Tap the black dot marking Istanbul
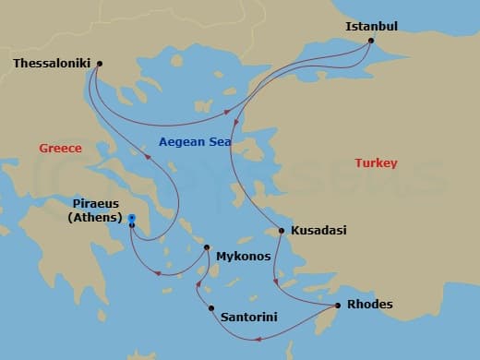pyautogui.click(x=371, y=41)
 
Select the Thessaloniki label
pyautogui.click(x=52, y=64)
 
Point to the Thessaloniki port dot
pyautogui.click(x=100, y=64)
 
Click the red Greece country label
pyautogui.click(x=60, y=148)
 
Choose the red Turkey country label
pyautogui.click(x=376, y=163)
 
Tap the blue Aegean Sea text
pyautogui.click(x=195, y=141)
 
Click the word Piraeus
pyautogui.click(x=96, y=204)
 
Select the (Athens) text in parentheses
pyautogui.click(x=95, y=218)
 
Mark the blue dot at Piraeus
pyautogui.click(x=132, y=218)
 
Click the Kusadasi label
pyautogui.click(x=318, y=230)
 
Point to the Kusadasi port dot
pyautogui.click(x=282, y=230)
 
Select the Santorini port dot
pyautogui.click(x=211, y=308)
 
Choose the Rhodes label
pyautogui.click(x=369, y=305)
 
